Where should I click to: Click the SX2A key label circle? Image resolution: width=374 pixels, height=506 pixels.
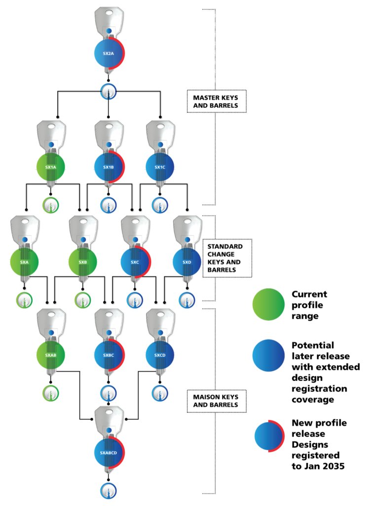coord(109,53)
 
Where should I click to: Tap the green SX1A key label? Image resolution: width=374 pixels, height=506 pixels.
coord(51,167)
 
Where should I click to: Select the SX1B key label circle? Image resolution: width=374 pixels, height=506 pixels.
coord(109,167)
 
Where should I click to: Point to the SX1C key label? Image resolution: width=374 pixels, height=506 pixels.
coord(160,167)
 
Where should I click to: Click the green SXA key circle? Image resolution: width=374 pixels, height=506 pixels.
coord(24,262)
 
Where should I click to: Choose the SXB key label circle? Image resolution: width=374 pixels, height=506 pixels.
coord(82,262)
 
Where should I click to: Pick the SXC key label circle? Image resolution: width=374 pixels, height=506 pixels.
coord(135,262)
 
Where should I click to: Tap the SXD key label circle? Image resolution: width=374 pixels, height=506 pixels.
coord(187,262)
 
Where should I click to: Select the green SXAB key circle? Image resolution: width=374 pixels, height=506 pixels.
coord(51,355)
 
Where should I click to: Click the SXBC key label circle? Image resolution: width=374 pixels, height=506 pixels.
coord(109,355)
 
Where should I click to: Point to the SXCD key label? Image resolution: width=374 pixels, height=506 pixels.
coord(160,355)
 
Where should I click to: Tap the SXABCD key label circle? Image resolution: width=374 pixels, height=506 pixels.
coord(109,452)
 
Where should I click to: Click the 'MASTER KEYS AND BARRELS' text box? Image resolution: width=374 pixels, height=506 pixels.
coord(216,101)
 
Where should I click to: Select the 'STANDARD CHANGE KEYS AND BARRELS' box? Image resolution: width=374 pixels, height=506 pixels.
coord(227,258)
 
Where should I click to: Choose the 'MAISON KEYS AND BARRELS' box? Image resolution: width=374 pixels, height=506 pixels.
coord(216,401)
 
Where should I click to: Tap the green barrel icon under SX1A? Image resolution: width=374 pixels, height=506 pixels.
coord(50,205)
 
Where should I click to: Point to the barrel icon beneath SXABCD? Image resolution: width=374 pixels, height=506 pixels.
coord(109,491)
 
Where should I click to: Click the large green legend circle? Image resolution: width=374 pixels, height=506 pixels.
coord(268,304)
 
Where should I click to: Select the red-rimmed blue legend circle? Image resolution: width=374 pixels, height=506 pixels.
coord(269,436)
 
